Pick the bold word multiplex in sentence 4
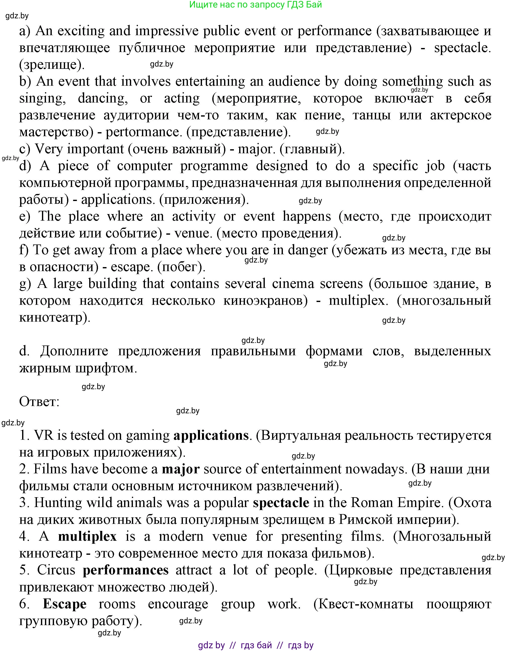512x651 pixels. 87,536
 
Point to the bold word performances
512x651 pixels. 126,570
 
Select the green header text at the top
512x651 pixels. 256,5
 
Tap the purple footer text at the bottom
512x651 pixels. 256,645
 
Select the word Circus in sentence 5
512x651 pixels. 56,570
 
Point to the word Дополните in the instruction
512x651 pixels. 74,351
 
